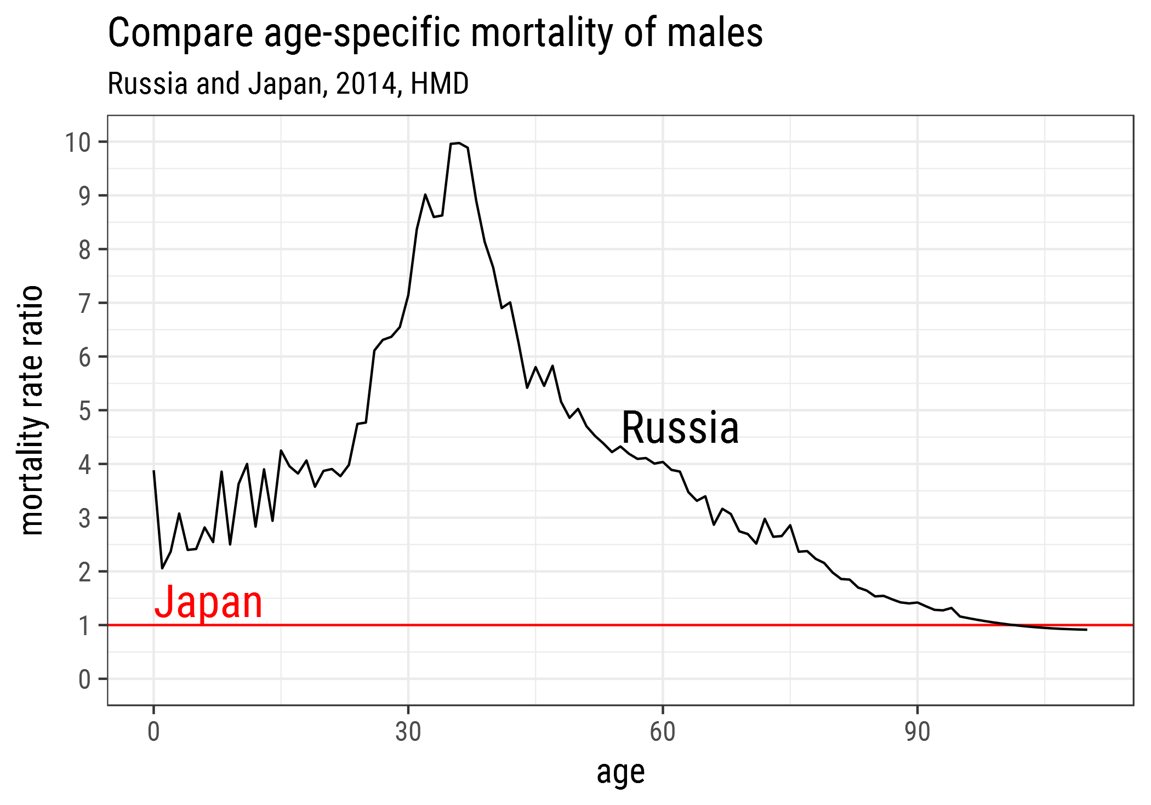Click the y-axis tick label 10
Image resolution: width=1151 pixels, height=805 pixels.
(78, 142)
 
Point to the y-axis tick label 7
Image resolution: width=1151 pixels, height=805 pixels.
(84, 304)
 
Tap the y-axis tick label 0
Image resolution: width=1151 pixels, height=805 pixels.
(84, 680)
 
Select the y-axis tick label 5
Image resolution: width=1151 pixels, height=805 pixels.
(84, 411)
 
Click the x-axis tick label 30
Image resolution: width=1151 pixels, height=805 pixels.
(408, 732)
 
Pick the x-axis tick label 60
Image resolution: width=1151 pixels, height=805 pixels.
(663, 732)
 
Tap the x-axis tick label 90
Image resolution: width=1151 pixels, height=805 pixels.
(918, 732)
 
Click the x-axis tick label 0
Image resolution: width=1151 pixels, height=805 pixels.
(153, 732)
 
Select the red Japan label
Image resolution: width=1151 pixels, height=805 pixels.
(208, 602)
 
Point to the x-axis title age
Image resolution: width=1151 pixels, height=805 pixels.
(620, 773)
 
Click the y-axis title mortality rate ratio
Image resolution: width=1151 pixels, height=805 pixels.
(31, 410)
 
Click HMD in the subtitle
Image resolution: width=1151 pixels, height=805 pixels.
(440, 84)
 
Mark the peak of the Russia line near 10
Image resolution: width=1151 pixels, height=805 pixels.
(459, 142)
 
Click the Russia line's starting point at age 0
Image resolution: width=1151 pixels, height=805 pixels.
(153, 470)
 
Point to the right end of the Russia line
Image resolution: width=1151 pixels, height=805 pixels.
(1087, 630)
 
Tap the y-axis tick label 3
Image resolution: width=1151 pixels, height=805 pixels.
(84, 518)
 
